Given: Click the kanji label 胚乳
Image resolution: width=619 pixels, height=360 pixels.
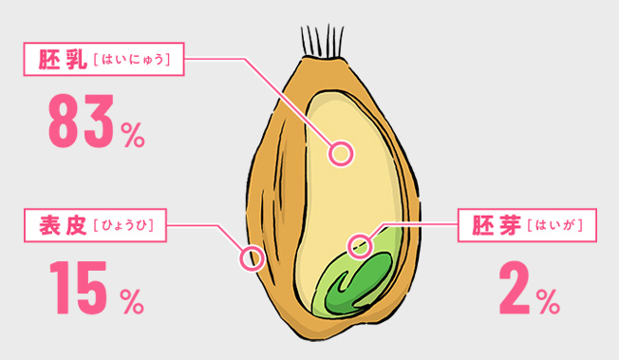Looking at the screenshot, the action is point(63,60).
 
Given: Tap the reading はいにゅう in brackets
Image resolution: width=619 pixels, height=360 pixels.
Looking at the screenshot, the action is point(132,60).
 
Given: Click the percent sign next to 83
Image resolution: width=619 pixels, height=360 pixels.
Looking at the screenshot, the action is point(133,135).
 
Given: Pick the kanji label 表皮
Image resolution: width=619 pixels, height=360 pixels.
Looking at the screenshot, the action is point(64,226).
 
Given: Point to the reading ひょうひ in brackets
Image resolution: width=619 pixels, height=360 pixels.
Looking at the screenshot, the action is point(123,226).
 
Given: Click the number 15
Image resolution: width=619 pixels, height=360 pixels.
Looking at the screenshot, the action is point(78,287).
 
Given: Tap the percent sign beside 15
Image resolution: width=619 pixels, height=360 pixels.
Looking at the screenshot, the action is point(132,301).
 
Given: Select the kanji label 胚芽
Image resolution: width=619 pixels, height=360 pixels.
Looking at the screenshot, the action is point(497,226).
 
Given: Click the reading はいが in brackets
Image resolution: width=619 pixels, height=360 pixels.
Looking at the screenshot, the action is point(555,226).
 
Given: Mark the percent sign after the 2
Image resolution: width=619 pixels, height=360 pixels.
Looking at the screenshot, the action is point(548,301).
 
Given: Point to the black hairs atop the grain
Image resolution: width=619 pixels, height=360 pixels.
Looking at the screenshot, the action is point(322,42).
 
